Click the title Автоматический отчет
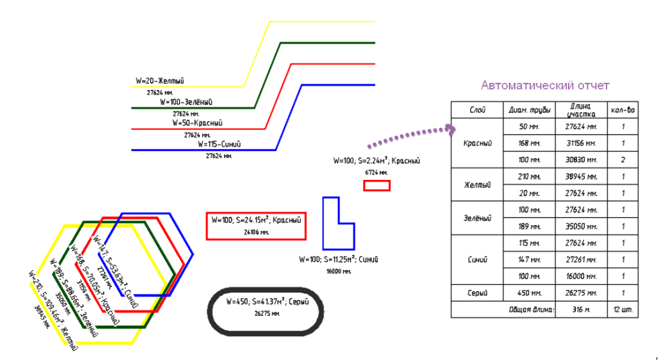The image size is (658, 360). coord(545,85)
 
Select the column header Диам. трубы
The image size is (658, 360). coord(529,110)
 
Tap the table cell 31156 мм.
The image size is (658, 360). coord(580,143)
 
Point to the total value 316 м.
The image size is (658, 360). coord(580,310)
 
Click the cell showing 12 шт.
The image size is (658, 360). coord(623,310)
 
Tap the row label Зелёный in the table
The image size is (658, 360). coord(476,219)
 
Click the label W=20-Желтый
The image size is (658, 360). coord(160,81)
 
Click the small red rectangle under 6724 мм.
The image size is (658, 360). coord(377,186)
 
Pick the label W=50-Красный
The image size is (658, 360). coord(197,123)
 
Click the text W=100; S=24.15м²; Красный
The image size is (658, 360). coord(256,220)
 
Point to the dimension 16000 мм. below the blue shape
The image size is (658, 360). coord(338,271)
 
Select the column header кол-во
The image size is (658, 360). coord(623,110)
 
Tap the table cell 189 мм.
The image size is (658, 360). coord(529,226)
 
